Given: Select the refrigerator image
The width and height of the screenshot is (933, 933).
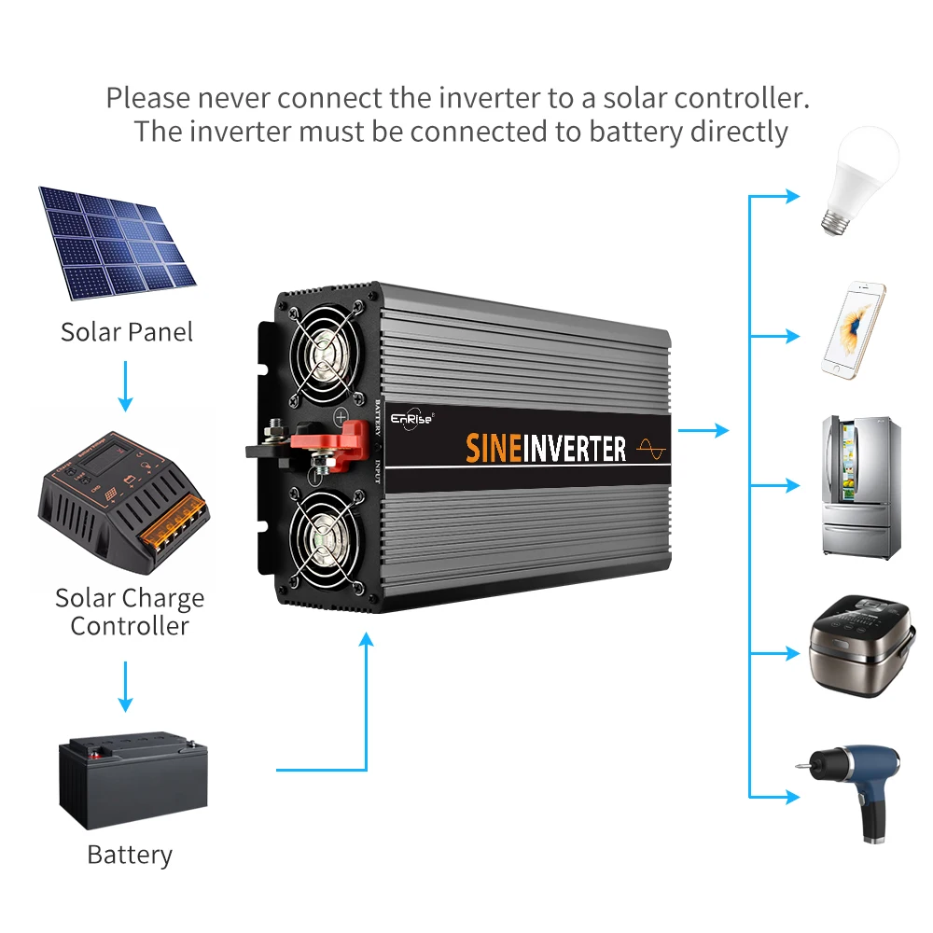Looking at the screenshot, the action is tap(861, 485).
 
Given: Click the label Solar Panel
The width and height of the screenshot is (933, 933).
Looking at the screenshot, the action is tap(127, 332).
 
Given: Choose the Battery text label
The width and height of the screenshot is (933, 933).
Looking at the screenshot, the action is tap(130, 855).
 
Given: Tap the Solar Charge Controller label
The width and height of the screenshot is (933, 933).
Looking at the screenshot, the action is tap(130, 611).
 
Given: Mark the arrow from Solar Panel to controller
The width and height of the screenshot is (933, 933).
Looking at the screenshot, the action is tap(126, 386).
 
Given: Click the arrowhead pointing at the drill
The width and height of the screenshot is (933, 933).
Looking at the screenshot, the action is tap(792, 798).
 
